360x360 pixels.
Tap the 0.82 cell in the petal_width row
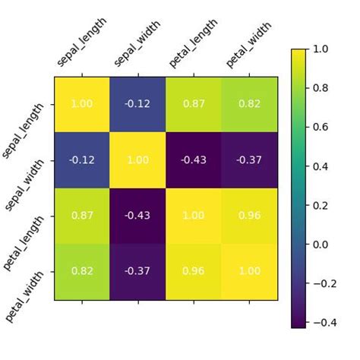[x=82, y=272]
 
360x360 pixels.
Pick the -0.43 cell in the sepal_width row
[x=194, y=160]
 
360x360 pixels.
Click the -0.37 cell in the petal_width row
[x=138, y=272]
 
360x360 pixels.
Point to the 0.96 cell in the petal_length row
[x=249, y=216]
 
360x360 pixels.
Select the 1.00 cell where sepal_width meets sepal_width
[x=138, y=160]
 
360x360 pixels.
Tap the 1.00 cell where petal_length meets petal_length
[x=194, y=216]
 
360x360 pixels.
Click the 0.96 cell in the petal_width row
[x=194, y=272]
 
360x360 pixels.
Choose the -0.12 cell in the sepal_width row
[x=82, y=160]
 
